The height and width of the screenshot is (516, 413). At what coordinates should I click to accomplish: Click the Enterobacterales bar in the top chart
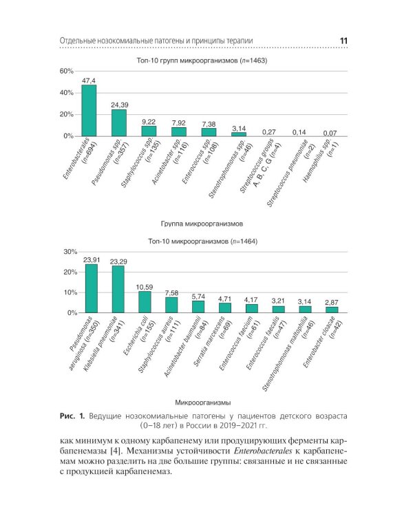point(89,111)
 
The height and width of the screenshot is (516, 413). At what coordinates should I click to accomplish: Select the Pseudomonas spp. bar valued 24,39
point(119,123)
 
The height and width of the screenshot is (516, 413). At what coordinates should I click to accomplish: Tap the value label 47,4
point(89,80)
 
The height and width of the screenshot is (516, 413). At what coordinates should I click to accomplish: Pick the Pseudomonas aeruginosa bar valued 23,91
point(91,289)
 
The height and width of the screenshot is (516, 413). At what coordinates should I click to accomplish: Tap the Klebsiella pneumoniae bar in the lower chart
point(118,290)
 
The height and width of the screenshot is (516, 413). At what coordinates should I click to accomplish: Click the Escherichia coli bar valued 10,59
point(145,302)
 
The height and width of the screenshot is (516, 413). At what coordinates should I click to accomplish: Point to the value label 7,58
point(171,293)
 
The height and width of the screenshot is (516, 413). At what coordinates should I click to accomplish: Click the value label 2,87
point(332,303)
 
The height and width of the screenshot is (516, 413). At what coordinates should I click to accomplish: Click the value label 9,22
point(149,122)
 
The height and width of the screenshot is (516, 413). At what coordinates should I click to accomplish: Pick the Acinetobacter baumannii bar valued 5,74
point(198,307)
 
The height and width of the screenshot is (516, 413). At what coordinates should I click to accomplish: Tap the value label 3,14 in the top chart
point(239,129)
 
